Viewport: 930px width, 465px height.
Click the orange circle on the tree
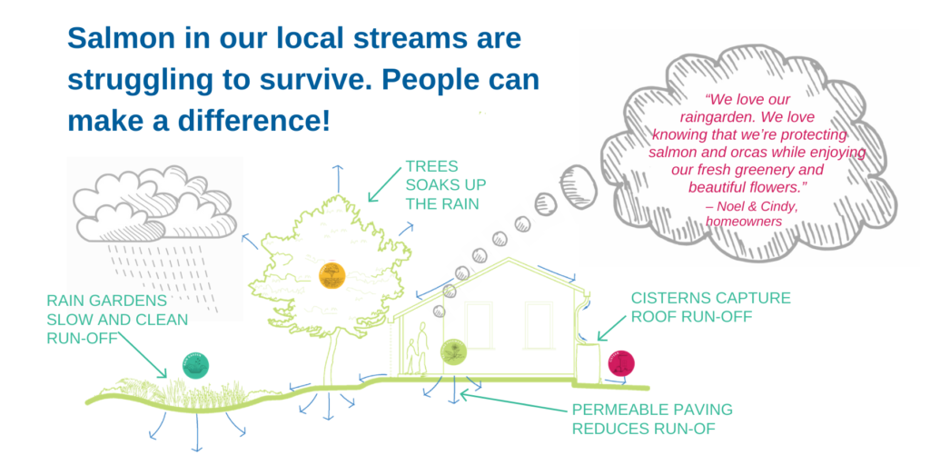click(x=331, y=274)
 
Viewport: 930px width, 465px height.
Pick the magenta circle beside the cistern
click(x=621, y=363)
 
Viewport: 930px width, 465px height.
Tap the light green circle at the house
click(x=452, y=351)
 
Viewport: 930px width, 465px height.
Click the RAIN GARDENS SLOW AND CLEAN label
click(x=117, y=319)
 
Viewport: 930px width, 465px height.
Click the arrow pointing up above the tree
click(x=337, y=177)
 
